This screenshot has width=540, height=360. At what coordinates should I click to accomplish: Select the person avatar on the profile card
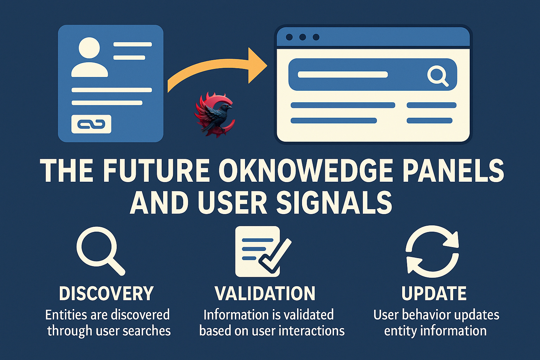coord(89,57)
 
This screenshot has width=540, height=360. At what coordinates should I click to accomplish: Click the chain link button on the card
coord(91,124)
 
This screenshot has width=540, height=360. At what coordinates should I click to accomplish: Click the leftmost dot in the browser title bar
coord(289,37)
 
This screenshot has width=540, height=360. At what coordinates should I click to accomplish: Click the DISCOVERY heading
coord(106,293)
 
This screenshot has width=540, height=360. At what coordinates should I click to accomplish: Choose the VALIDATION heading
coord(265,293)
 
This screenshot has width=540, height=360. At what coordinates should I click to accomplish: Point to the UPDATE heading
coord(434,293)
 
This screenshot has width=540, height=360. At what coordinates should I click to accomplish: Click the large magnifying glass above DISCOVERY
coord(101,251)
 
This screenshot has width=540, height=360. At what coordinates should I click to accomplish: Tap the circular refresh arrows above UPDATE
coord(432,251)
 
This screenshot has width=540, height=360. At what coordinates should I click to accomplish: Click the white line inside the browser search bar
coord(343,75)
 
